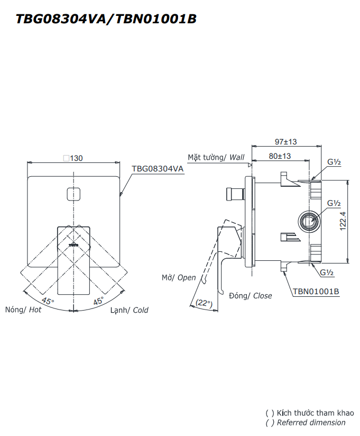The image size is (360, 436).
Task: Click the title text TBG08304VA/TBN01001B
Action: tap(106, 19)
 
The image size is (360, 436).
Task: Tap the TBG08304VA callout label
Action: tap(158, 168)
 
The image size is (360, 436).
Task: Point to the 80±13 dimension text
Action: tap(280, 156)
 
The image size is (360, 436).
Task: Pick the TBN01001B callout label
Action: tap(316, 291)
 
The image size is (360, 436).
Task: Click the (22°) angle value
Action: tap(204, 303)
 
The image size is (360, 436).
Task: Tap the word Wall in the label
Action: tap(237, 157)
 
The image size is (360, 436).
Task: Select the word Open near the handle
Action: tap(187, 277)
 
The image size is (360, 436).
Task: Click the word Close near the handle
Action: tap(262, 296)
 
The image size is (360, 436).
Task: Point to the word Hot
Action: tap(35, 310)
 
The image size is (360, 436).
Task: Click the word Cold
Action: tap(141, 310)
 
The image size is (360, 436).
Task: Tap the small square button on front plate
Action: tap(74, 195)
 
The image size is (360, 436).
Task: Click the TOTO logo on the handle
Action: tap(74, 245)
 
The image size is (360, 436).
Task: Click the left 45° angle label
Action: tap(48, 301)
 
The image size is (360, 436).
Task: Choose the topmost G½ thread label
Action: tap(334, 163)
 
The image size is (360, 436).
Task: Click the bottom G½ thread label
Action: tap(327, 272)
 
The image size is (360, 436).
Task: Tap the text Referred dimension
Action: tap(311, 422)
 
